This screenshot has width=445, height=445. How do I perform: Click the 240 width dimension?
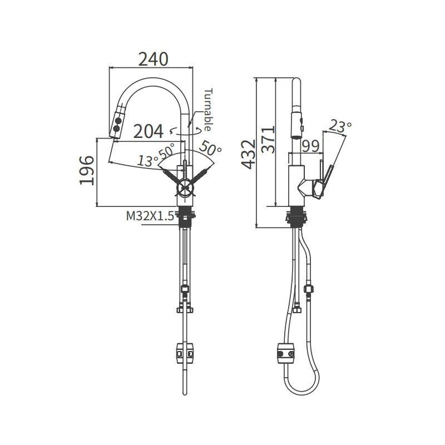[154, 59]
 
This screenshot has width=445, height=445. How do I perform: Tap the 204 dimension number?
[149, 131]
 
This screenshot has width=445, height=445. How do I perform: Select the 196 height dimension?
[87, 170]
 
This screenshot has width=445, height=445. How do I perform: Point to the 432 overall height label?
[249, 154]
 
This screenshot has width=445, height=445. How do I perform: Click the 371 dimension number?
[268, 140]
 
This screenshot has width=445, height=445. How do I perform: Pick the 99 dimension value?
[310, 146]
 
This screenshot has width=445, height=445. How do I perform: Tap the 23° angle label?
[340, 127]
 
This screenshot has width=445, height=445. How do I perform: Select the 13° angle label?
[147, 161]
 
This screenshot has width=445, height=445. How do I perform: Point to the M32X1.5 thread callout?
[150, 216]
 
